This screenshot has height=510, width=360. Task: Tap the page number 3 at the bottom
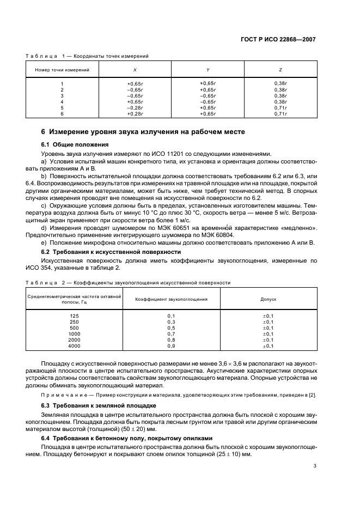[314, 466]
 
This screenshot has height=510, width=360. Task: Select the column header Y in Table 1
[208, 70]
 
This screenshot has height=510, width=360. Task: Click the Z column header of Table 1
[280, 70]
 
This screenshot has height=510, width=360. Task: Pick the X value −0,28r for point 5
[135, 108]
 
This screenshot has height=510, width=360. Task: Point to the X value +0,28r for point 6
[135, 114]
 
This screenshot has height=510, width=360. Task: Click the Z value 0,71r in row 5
[280, 108]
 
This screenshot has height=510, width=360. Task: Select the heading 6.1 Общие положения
[75, 145]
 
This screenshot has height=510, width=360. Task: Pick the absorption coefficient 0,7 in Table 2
[171, 334]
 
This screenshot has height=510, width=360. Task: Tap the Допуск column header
[269, 299]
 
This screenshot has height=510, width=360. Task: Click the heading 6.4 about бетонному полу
[123, 438]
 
